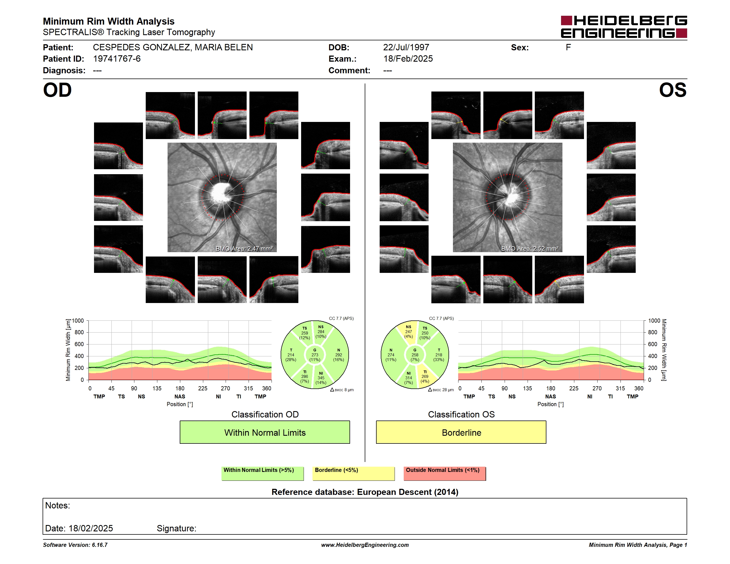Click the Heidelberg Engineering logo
pos(624,27)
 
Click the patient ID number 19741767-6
pos(117,59)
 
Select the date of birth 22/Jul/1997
pos(406,48)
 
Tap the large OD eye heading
pos(58,90)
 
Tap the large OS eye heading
pos(672,90)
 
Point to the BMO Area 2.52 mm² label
pos(530,249)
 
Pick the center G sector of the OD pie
pos(314,355)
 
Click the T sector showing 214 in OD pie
pos(291,355)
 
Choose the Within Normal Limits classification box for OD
pos(265,432)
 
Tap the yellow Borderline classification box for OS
pos(461,432)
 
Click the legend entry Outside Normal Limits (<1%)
pos(445,473)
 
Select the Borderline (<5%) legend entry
pos(354,473)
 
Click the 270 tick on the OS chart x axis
pos(597,388)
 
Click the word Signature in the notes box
pos(176,528)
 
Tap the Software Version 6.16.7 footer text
pos(75,545)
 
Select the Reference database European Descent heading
pos(365,492)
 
